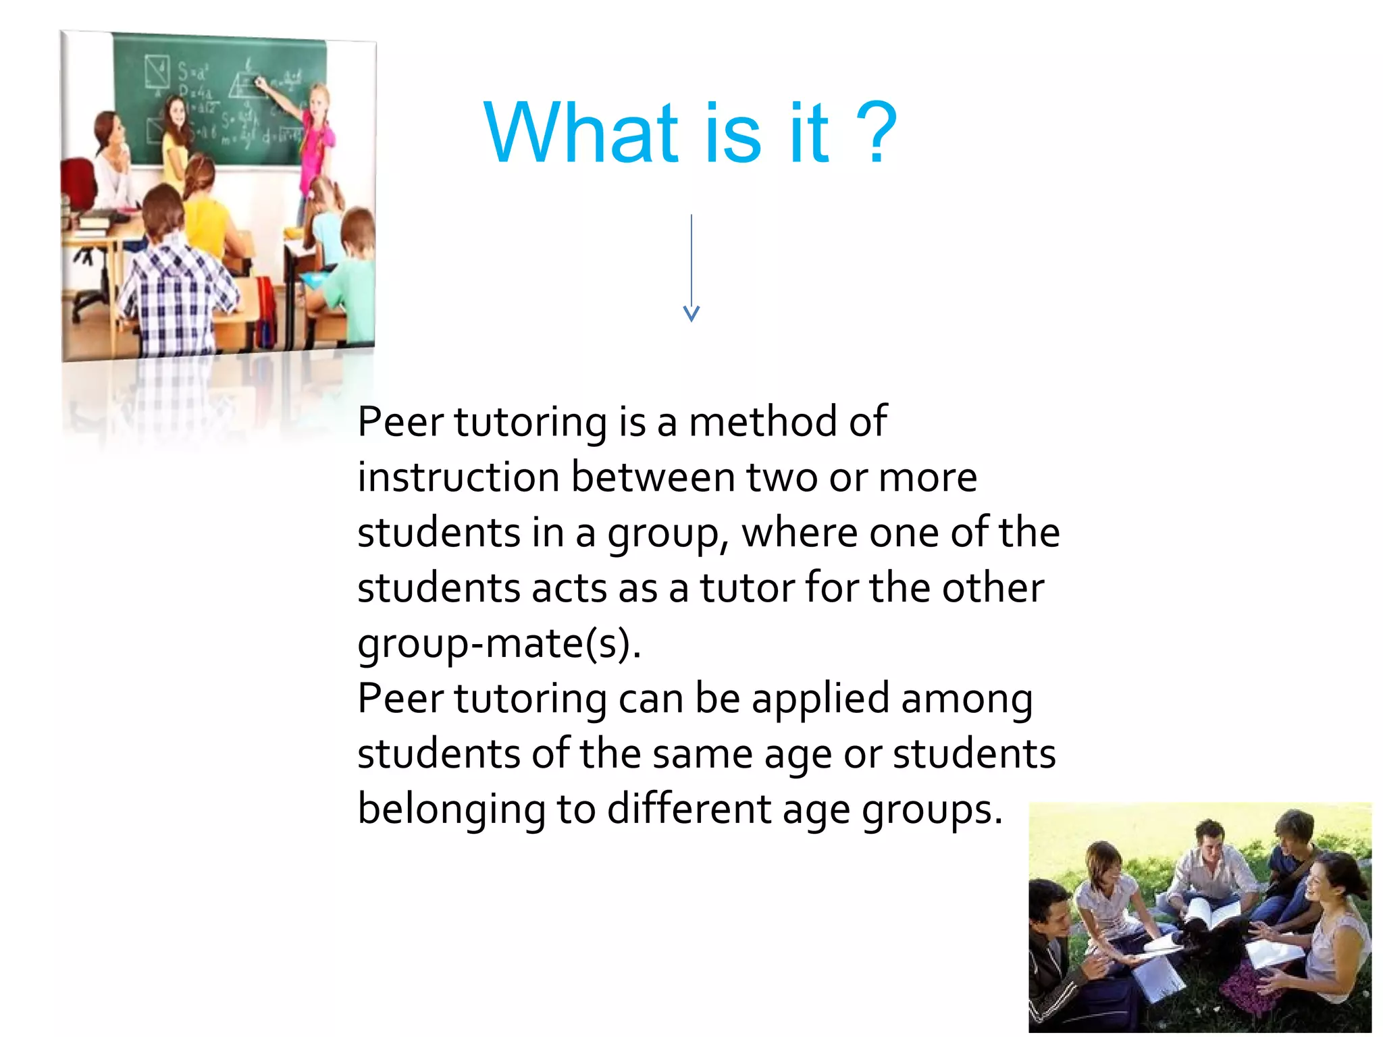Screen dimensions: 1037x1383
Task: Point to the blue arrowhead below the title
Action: (x=691, y=313)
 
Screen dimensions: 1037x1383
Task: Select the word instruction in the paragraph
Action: (x=459, y=477)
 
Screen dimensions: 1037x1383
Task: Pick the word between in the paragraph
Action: (x=653, y=477)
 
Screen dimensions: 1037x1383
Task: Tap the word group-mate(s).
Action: (x=498, y=644)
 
